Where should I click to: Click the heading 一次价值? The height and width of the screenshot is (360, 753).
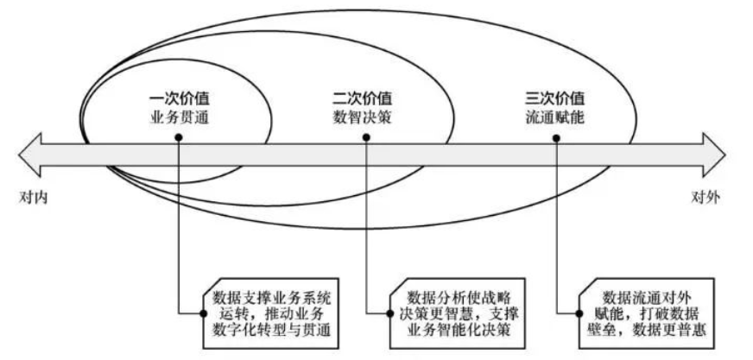point(179,99)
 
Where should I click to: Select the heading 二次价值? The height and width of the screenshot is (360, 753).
point(362,99)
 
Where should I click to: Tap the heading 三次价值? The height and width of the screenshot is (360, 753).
point(554,99)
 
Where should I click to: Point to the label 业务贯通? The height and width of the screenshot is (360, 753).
point(179,117)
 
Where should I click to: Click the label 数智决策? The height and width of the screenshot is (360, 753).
point(362,117)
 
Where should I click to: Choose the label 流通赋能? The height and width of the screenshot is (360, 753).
point(554,117)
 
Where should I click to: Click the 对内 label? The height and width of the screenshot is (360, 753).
point(34,198)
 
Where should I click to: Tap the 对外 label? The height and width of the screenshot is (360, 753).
point(706,198)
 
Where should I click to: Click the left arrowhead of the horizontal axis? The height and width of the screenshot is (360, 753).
point(29,155)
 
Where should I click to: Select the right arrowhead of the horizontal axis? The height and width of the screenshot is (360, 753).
point(714,155)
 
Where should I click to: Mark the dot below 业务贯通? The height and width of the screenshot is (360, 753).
point(179,138)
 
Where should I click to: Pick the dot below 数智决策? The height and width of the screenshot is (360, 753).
point(366,138)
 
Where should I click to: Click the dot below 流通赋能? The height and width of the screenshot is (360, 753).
point(556,138)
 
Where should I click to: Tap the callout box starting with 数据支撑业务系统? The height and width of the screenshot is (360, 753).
point(271,313)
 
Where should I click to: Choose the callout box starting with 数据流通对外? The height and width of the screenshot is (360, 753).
point(648,313)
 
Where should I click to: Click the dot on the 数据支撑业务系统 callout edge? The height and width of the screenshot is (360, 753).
point(204,313)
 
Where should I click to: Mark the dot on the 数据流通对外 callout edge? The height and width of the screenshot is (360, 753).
point(579,313)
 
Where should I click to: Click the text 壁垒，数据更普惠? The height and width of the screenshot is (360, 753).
point(647,331)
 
